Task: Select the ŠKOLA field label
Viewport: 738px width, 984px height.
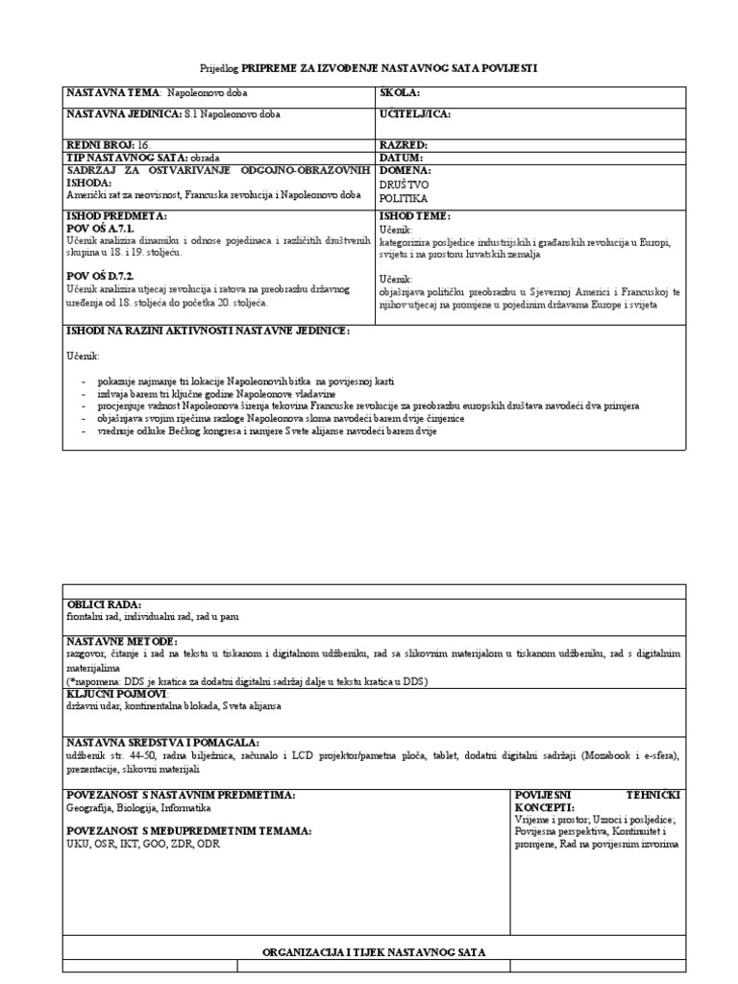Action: [401, 94]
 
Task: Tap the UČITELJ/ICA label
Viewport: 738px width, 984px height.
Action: [415, 114]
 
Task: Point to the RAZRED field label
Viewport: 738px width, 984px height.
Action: [404, 144]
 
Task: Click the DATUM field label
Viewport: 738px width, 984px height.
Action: [403, 156]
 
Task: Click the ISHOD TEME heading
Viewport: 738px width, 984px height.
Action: [415, 217]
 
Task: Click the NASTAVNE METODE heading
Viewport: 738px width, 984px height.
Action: [120, 641]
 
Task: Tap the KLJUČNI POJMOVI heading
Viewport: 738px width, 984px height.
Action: [116, 693]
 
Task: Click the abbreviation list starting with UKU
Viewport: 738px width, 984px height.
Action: [135, 843]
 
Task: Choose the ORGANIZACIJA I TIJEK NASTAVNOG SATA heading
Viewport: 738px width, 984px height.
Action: [374, 951]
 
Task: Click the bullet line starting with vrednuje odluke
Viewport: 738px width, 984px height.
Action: [266, 430]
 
